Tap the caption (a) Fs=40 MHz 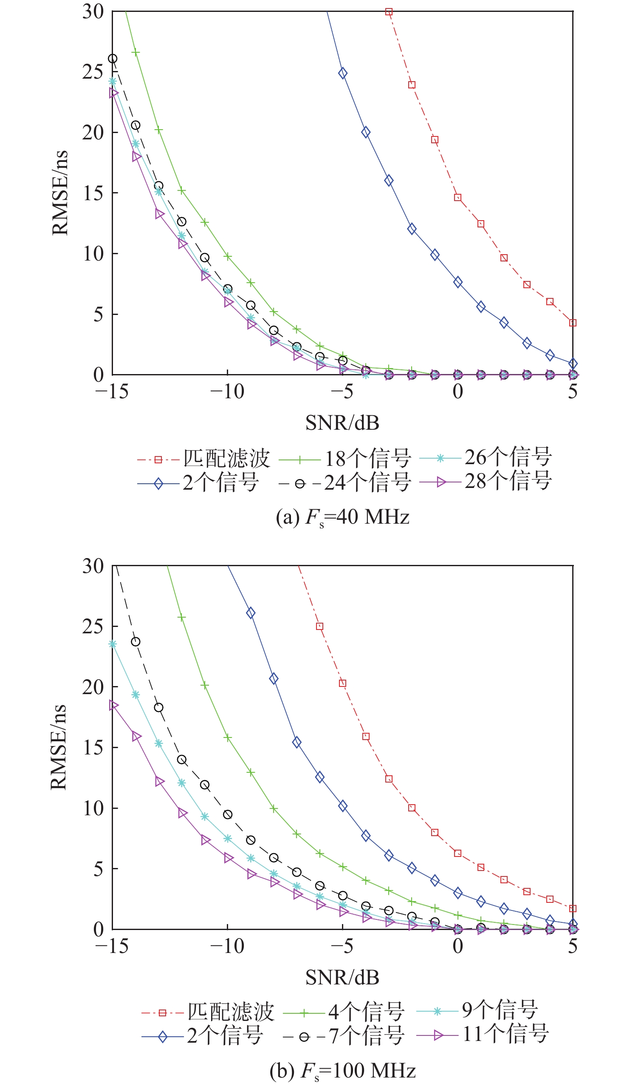click(342, 517)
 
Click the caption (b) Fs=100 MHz click(342, 1071)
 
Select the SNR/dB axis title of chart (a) click(342, 423)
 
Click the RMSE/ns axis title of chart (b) click(59, 747)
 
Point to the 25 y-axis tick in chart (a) click(93, 72)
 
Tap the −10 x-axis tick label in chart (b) click(227, 946)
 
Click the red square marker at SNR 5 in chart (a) click(573, 323)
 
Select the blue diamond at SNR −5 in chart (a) click(343, 73)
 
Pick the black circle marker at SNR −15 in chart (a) click(113, 59)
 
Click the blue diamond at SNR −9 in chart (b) click(251, 613)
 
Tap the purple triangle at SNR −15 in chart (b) click(113, 705)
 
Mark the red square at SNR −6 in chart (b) click(319, 627)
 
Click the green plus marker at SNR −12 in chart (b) click(182, 618)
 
